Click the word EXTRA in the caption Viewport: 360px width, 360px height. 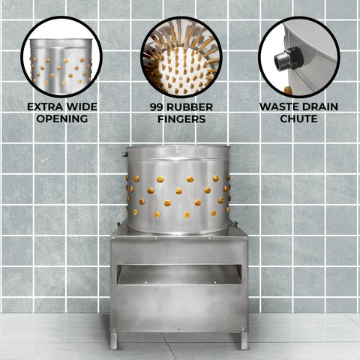click(x=45, y=106)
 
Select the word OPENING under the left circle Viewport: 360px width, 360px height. click(x=62, y=118)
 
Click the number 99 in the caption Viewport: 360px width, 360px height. click(x=157, y=107)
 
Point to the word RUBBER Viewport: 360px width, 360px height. click(x=190, y=107)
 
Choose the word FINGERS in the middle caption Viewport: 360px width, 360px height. click(x=181, y=119)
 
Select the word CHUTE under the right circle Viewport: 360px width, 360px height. click(x=298, y=118)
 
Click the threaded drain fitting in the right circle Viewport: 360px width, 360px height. click(x=289, y=58)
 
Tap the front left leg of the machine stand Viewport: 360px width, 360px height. click(x=113, y=340)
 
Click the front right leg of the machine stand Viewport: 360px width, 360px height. click(x=244, y=340)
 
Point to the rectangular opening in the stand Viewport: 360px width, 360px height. click(x=179, y=274)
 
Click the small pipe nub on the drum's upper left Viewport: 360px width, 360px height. click(x=124, y=154)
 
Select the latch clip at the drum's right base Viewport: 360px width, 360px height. click(x=235, y=224)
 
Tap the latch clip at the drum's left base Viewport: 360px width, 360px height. click(x=118, y=225)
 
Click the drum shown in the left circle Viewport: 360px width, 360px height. click(x=61, y=65)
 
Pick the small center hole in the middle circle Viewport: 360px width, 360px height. click(x=181, y=78)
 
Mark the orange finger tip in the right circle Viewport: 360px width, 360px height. click(x=288, y=90)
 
